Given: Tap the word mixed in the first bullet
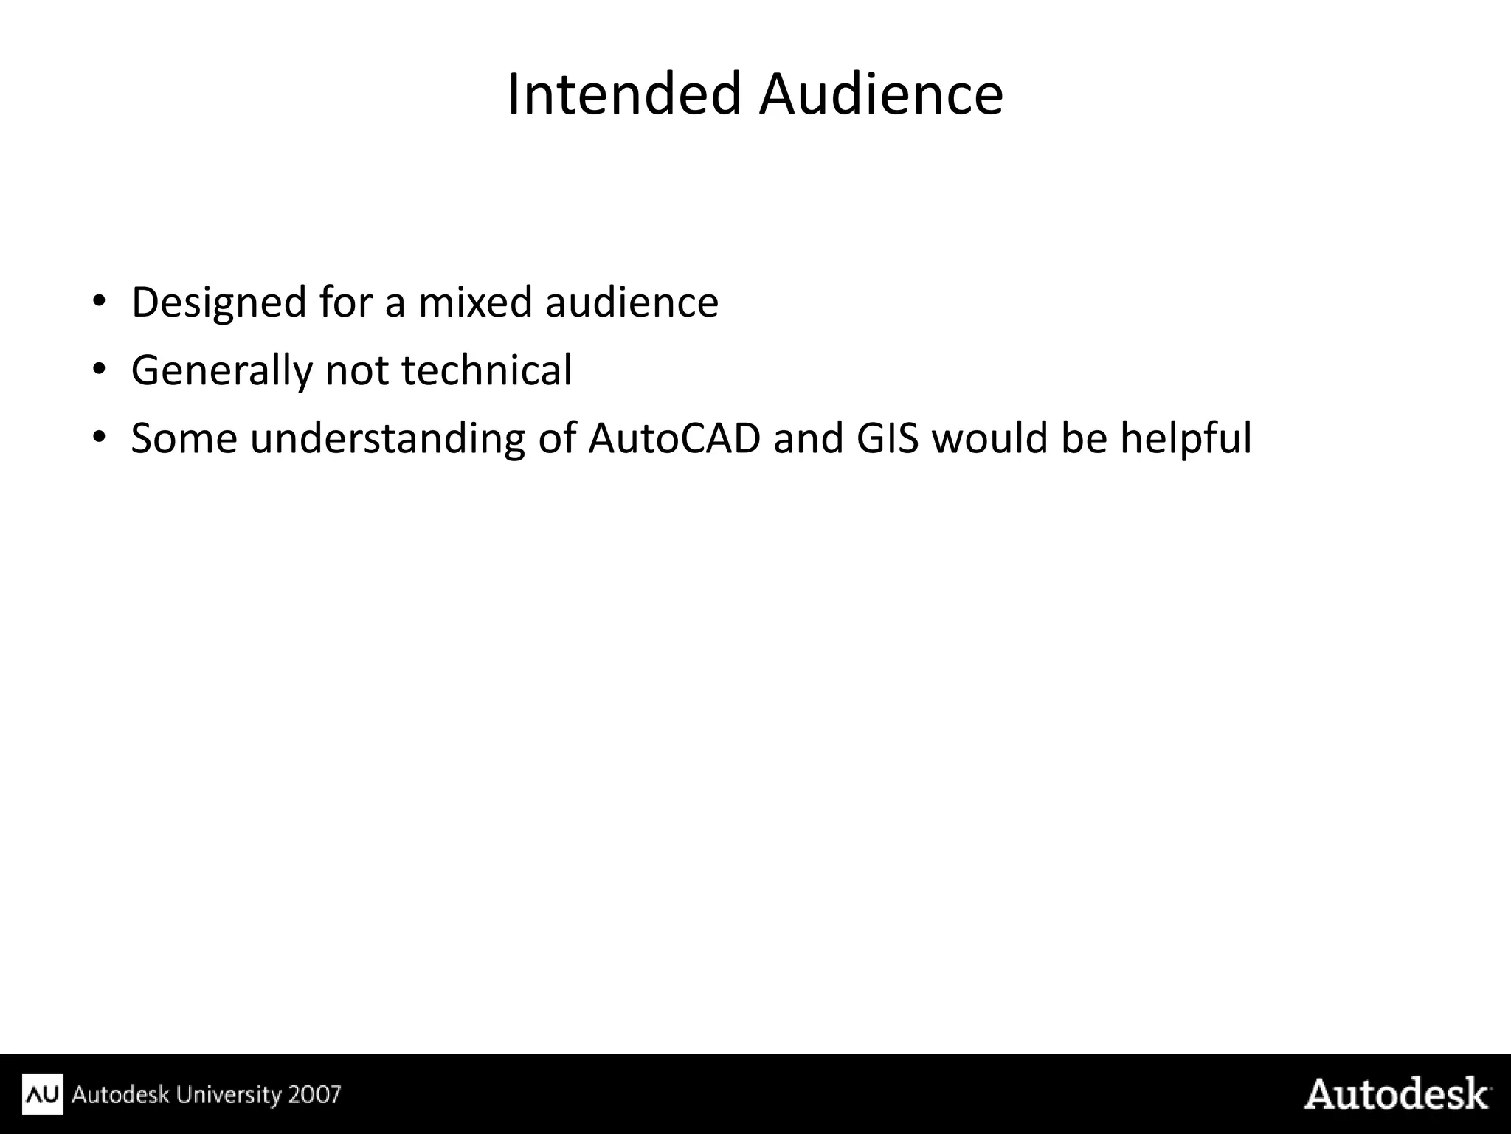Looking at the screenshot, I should coord(475,302).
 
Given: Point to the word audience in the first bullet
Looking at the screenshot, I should coord(632,302).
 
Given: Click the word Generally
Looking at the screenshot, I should coord(221,370).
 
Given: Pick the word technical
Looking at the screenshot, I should coord(487,370).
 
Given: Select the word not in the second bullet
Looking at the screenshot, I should coord(357,370).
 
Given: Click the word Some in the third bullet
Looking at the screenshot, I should coord(184,438).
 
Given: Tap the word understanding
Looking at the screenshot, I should coord(387,438).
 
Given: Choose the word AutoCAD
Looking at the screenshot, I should coord(674,438).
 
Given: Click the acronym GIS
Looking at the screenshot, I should coord(888,438).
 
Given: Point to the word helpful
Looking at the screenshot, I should coord(1186,438).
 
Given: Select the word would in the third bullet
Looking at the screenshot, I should coord(989,438).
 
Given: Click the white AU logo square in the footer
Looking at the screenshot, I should coord(44,1094).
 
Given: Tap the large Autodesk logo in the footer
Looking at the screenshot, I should coord(1397,1094).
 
